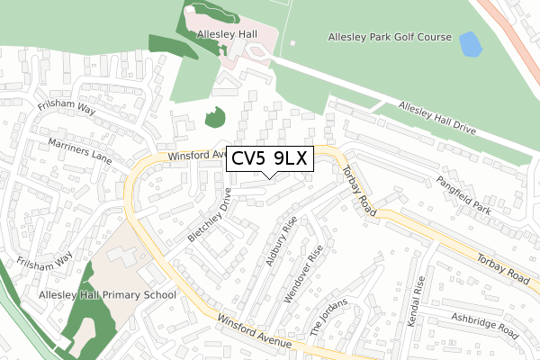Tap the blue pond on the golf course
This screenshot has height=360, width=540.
469,42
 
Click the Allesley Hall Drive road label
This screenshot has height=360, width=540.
436,116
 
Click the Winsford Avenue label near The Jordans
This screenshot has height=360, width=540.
254,330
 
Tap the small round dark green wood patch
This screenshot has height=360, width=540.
214,117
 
